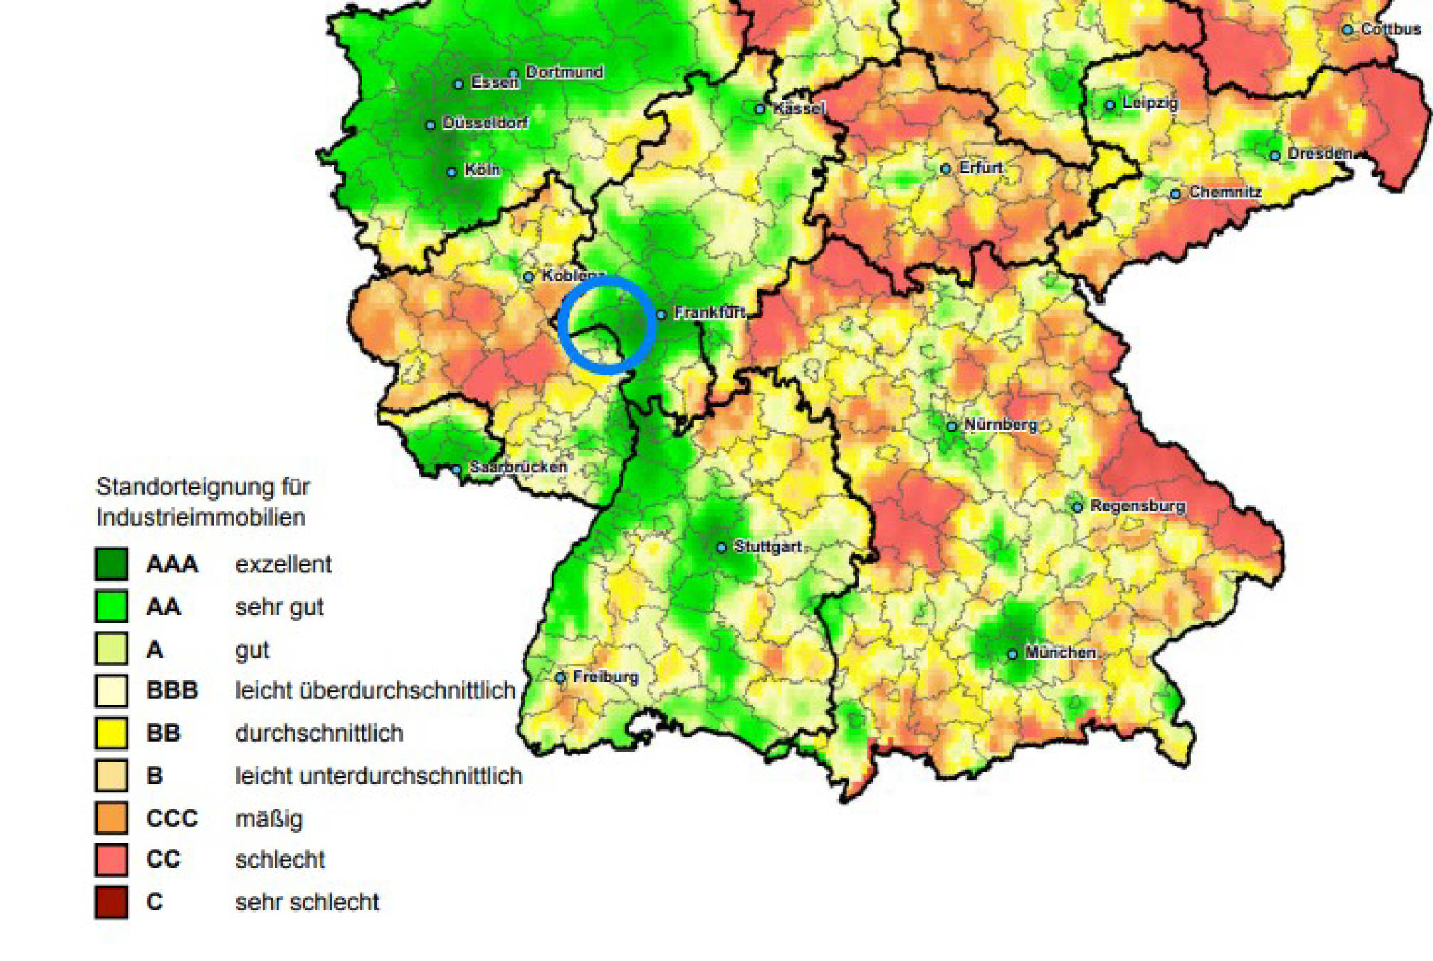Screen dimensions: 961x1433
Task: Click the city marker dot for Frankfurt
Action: click(661, 314)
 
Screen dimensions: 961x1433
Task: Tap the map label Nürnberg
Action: click(1001, 425)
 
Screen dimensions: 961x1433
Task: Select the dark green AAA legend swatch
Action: click(112, 563)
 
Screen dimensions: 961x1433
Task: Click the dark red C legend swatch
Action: click(112, 902)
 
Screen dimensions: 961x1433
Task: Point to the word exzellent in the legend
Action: click(283, 564)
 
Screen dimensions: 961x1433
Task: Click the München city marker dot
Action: click(1012, 653)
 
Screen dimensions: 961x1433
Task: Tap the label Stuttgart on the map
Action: click(768, 546)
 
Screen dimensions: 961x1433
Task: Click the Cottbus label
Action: click(1391, 29)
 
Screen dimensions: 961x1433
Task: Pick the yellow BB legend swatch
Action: click(112, 733)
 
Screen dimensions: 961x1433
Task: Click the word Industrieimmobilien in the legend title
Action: click(201, 517)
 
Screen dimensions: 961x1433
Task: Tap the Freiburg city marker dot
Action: click(561, 677)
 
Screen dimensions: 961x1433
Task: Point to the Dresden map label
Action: click(1320, 153)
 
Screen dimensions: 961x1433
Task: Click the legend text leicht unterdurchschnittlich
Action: click(379, 776)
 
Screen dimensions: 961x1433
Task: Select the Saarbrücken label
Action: click(518, 467)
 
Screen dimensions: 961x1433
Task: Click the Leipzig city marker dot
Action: click(1110, 105)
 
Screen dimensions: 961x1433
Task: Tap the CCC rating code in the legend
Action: click(172, 818)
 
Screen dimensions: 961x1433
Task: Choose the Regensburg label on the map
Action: click(1138, 506)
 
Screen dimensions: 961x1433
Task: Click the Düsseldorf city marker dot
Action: click(430, 125)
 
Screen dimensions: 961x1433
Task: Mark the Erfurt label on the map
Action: click(981, 167)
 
